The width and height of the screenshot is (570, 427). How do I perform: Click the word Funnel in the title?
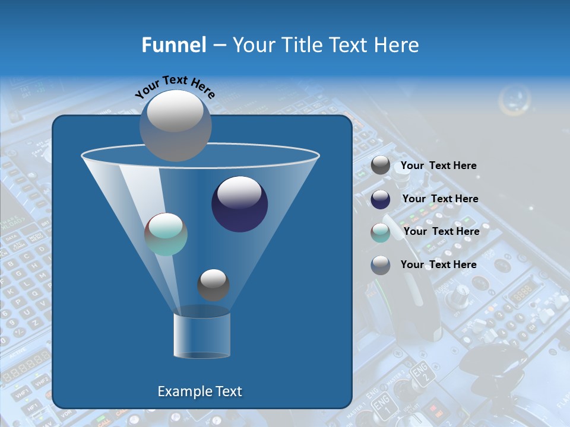pyautogui.click(x=174, y=45)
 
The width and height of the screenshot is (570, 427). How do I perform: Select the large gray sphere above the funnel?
pyautogui.click(x=175, y=125)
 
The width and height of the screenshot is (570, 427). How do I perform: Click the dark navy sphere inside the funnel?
pyautogui.click(x=239, y=204)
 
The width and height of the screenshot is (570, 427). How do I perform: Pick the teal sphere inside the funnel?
pyautogui.click(x=166, y=234)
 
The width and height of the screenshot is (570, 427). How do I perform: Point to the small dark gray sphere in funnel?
pyautogui.click(x=213, y=285)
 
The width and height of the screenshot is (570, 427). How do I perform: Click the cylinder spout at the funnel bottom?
pyautogui.click(x=202, y=335)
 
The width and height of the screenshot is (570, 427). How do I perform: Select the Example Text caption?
pyautogui.click(x=200, y=391)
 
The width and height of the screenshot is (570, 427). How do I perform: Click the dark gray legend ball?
pyautogui.click(x=381, y=165)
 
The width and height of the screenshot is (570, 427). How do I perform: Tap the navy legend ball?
pyautogui.click(x=381, y=199)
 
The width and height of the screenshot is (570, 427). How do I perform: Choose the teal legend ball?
pyautogui.click(x=381, y=232)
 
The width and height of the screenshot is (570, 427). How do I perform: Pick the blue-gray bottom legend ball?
pyautogui.click(x=381, y=265)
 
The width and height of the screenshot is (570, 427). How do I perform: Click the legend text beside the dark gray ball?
pyautogui.click(x=438, y=165)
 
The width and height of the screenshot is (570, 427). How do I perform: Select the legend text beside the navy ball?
pyautogui.click(x=440, y=199)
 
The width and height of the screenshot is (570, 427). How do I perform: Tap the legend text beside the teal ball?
pyautogui.click(x=441, y=231)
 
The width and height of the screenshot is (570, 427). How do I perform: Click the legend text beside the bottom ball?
pyautogui.click(x=438, y=265)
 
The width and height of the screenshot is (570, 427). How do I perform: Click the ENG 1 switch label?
pyautogui.click(x=382, y=407)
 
